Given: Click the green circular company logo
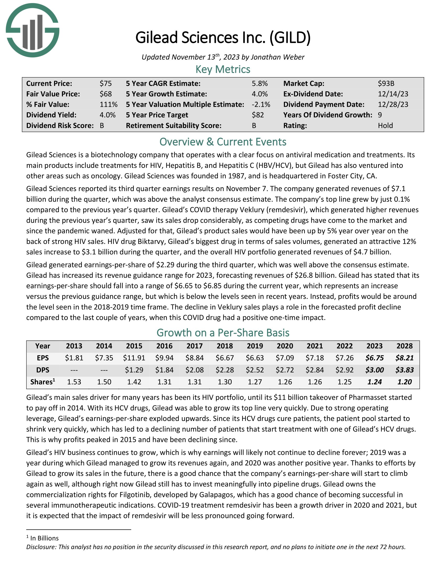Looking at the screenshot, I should [32, 30].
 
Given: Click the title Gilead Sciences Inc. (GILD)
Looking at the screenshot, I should [223, 38].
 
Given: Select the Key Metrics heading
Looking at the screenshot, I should [223, 70].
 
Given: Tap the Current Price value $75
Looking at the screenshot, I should [106, 83].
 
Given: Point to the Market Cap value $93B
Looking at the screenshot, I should [386, 83].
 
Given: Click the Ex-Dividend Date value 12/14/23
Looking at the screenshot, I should [393, 94].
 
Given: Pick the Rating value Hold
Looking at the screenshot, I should [385, 125].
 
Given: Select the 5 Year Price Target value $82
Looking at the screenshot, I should [258, 115].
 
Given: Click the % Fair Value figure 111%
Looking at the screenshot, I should [109, 105].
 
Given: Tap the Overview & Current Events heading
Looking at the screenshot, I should [223, 142].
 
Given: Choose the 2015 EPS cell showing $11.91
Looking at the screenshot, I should [134, 358].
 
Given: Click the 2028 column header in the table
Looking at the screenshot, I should [405, 346].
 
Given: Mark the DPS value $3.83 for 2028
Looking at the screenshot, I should [405, 370].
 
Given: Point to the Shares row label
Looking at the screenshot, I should [43, 382].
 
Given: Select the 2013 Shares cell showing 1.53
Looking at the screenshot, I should [74, 382].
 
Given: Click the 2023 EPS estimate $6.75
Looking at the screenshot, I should [374, 358].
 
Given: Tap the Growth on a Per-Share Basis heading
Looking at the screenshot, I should [223, 333].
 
